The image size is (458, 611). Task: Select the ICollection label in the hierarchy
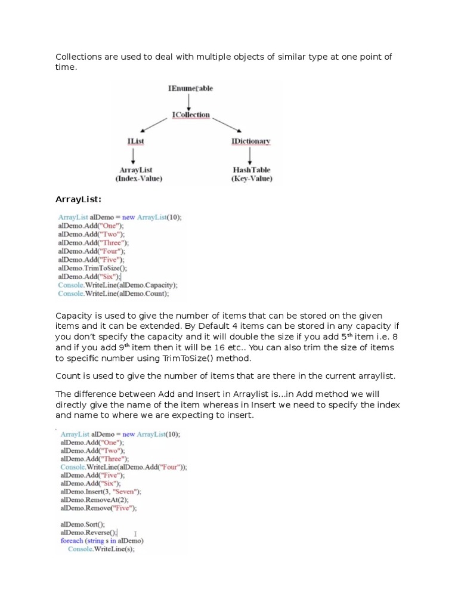pyautogui.click(x=190, y=115)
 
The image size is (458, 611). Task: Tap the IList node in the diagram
pyautogui.click(x=136, y=141)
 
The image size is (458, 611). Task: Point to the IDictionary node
pyautogui.click(x=250, y=141)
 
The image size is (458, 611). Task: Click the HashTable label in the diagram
pyautogui.click(x=252, y=170)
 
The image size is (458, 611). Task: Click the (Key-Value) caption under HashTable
pyautogui.click(x=252, y=178)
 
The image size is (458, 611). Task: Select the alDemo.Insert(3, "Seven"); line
pyautogui.click(x=100, y=492)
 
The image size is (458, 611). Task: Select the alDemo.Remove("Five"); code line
pyautogui.click(x=98, y=508)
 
